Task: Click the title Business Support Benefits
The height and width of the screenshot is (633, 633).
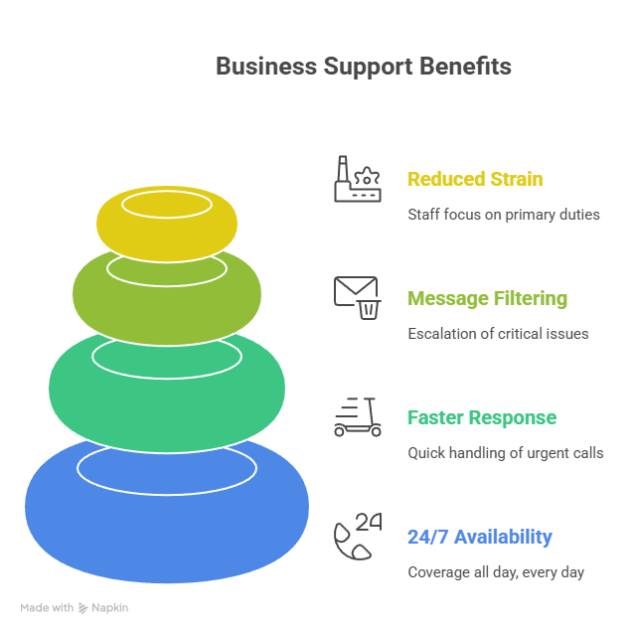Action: [x=364, y=67]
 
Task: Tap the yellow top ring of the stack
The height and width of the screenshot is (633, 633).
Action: [x=166, y=238]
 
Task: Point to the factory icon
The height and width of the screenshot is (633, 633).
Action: [x=357, y=180]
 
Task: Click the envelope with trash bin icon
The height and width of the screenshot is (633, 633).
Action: [x=358, y=297]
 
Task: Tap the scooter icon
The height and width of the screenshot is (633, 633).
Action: [x=358, y=416]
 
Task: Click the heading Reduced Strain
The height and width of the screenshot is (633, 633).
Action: [x=475, y=180]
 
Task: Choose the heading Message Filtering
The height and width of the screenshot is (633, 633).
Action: [x=487, y=298]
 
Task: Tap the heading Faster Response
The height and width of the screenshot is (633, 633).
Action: [x=482, y=417]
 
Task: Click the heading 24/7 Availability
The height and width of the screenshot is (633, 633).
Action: [x=479, y=537]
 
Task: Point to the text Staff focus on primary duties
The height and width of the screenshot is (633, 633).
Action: [x=504, y=215]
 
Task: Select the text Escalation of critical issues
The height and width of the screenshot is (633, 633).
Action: [x=498, y=334]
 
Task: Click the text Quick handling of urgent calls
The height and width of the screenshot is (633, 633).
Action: [x=505, y=453]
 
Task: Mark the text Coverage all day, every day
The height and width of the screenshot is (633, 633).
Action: [x=496, y=572]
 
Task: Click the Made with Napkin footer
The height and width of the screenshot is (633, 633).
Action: [x=75, y=607]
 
